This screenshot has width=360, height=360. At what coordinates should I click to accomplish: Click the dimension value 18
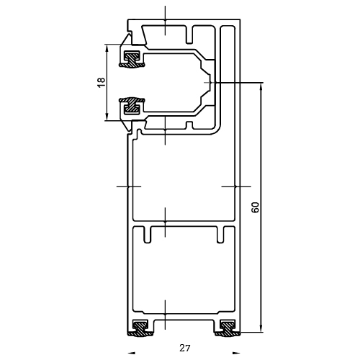[102, 83]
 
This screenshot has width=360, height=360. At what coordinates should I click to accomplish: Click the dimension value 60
[256, 207]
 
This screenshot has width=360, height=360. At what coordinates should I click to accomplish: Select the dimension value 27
[185, 348]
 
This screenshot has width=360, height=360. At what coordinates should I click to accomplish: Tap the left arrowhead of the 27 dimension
[131, 353]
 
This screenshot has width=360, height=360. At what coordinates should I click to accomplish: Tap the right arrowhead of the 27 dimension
[237, 353]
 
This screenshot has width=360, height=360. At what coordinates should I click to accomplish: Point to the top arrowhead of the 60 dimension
[261, 87]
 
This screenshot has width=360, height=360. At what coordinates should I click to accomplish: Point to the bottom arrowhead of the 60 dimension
[261, 328]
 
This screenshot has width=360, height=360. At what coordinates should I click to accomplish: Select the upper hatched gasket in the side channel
[132, 60]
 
